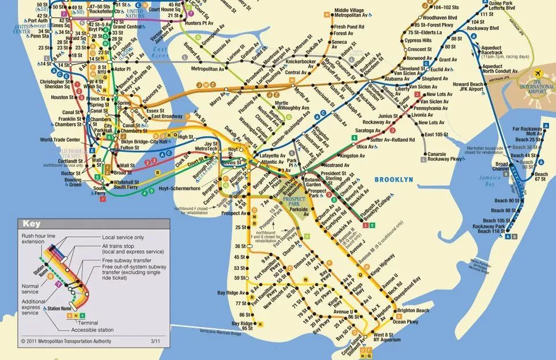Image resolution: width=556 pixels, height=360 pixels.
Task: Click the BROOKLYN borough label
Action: (394, 179)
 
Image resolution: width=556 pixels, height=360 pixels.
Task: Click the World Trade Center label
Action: (59, 140)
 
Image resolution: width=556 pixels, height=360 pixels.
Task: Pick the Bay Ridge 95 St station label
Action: (242, 325)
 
